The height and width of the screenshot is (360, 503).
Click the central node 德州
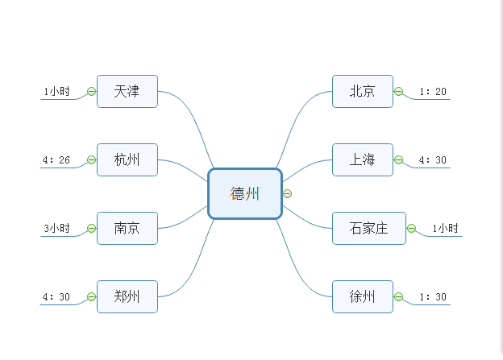[245, 193]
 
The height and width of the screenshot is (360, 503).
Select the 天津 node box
[127, 91]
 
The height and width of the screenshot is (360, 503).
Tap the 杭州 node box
[127, 159]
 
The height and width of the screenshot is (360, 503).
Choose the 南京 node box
[127, 228]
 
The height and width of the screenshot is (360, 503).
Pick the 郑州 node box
[127, 296]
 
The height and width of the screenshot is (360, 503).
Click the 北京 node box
[362, 91]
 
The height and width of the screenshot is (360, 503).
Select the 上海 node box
[362, 159]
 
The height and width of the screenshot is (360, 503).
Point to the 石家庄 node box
[368, 228]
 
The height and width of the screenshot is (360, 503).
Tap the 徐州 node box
[362, 296]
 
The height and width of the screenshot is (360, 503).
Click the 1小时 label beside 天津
[56, 92]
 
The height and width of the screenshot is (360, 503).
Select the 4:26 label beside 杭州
[56, 160]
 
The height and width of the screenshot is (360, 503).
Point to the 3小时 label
[56, 229]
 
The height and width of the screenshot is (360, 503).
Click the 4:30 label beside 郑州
[56, 297]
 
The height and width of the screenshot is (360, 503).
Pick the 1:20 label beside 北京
[433, 92]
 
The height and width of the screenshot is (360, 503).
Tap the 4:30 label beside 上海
[433, 160]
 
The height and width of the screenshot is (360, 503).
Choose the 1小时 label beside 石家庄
[445, 229]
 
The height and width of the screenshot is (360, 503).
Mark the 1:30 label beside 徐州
[433, 297]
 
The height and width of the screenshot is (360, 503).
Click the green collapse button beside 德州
[288, 193]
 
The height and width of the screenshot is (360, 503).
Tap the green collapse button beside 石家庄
[411, 228]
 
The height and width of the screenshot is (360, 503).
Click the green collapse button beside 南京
[91, 228]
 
